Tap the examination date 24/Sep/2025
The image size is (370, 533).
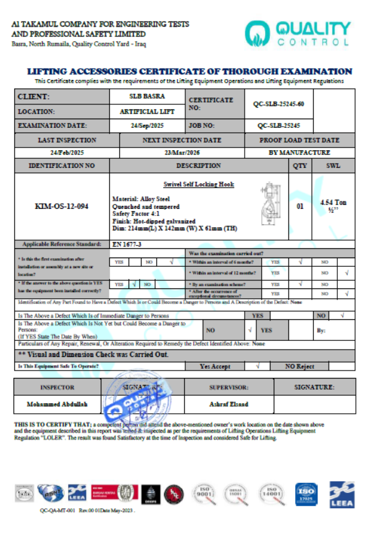146,125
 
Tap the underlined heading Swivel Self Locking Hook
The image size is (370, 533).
198,184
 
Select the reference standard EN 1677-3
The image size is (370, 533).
140,245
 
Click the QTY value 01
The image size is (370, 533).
300,206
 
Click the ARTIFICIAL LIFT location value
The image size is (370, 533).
146,112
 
